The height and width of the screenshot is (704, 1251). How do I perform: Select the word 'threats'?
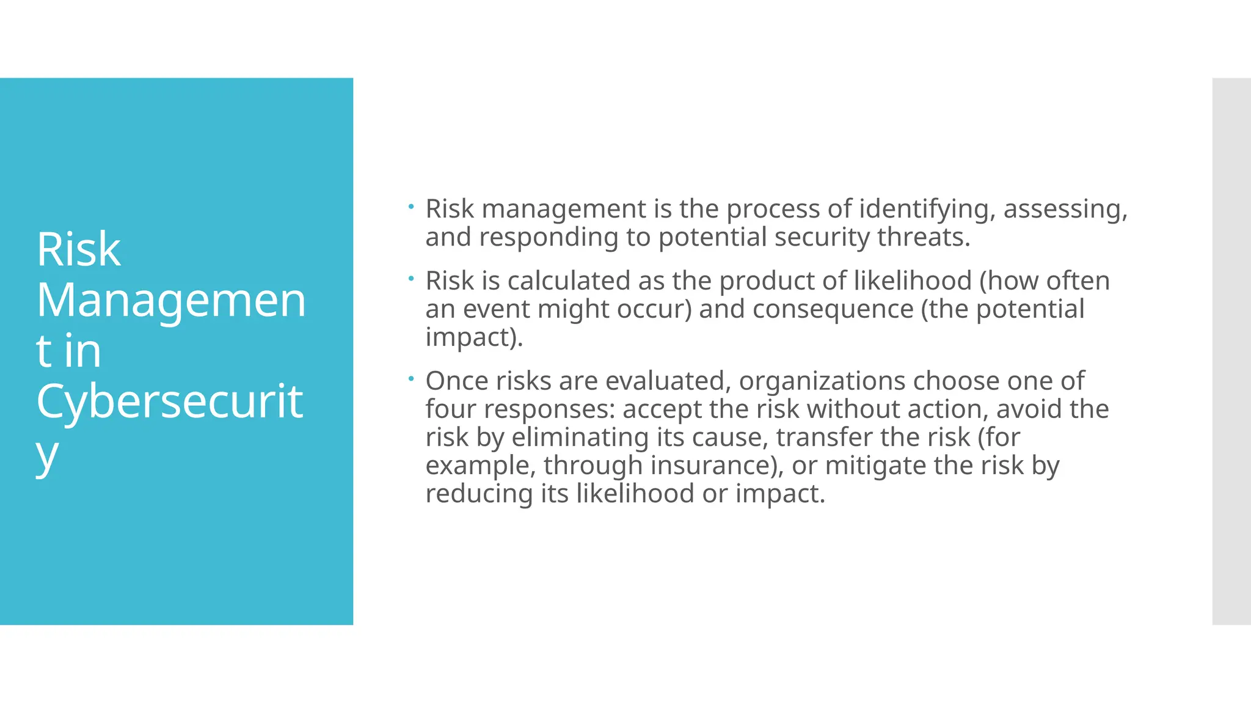[x=923, y=237]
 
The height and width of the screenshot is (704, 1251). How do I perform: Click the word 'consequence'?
[x=833, y=309]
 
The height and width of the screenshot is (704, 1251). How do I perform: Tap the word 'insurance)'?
[x=717, y=466]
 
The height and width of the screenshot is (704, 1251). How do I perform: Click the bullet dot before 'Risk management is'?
[x=412, y=207]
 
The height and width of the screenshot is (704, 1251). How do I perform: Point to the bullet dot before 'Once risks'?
[x=412, y=379]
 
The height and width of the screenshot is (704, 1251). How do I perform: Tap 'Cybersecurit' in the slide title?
[x=170, y=402]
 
